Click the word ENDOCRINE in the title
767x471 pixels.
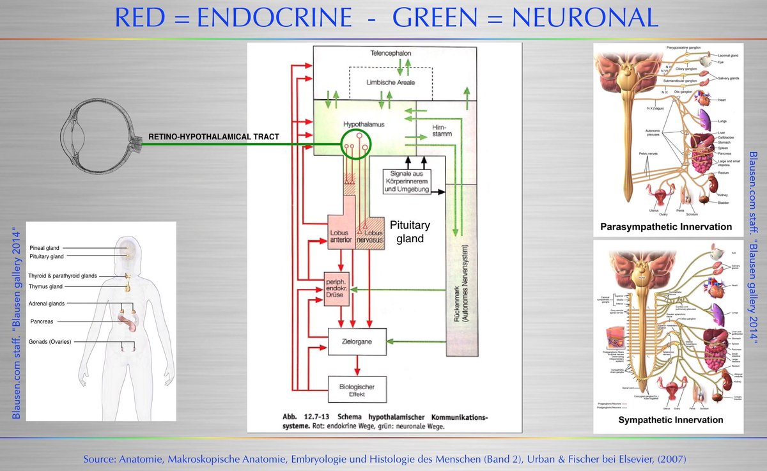tap(275, 17)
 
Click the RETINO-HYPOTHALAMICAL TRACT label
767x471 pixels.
tap(213, 137)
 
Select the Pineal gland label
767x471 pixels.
tap(45, 247)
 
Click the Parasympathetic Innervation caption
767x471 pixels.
tap(666, 227)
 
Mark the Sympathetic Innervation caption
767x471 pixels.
tap(670, 420)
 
